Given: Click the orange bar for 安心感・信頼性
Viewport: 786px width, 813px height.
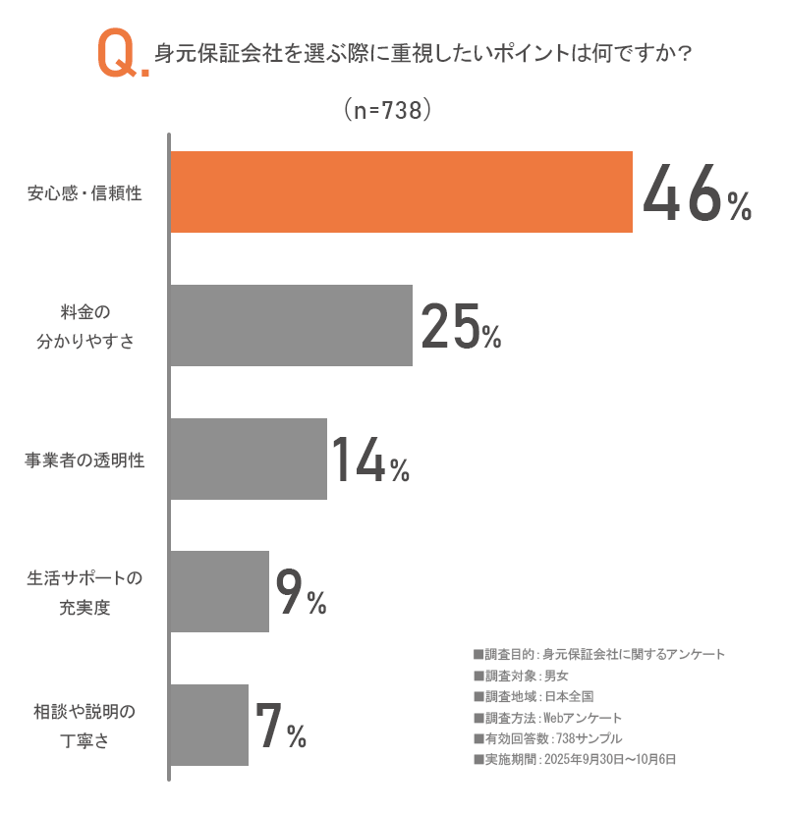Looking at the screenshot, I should (401, 192).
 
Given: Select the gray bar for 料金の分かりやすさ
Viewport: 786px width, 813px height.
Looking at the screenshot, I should (291, 326).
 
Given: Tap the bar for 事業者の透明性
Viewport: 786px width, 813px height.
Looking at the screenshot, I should (248, 460).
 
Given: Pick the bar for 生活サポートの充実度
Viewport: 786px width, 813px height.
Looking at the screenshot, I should (219, 592).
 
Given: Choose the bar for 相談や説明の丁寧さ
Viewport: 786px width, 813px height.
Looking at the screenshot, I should (208, 725).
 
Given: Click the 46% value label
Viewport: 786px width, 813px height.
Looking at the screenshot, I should (697, 194).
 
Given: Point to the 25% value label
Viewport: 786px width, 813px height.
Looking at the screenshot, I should (461, 327).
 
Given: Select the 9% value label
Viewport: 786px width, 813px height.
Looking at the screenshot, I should (301, 593).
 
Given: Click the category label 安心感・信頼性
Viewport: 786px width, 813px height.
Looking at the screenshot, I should (84, 193).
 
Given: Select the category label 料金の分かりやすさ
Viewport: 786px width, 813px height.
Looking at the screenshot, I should (84, 327).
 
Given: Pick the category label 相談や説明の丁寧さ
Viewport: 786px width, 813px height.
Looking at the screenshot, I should (84, 726).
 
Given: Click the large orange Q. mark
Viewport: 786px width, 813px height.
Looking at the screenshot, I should (122, 54).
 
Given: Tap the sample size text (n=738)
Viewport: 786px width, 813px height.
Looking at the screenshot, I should (388, 111).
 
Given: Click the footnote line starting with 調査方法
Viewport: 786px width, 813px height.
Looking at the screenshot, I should (547, 717).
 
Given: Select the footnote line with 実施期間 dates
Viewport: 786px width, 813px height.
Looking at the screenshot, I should (575, 759).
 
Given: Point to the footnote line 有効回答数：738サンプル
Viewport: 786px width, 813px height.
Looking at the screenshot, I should (547, 738).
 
